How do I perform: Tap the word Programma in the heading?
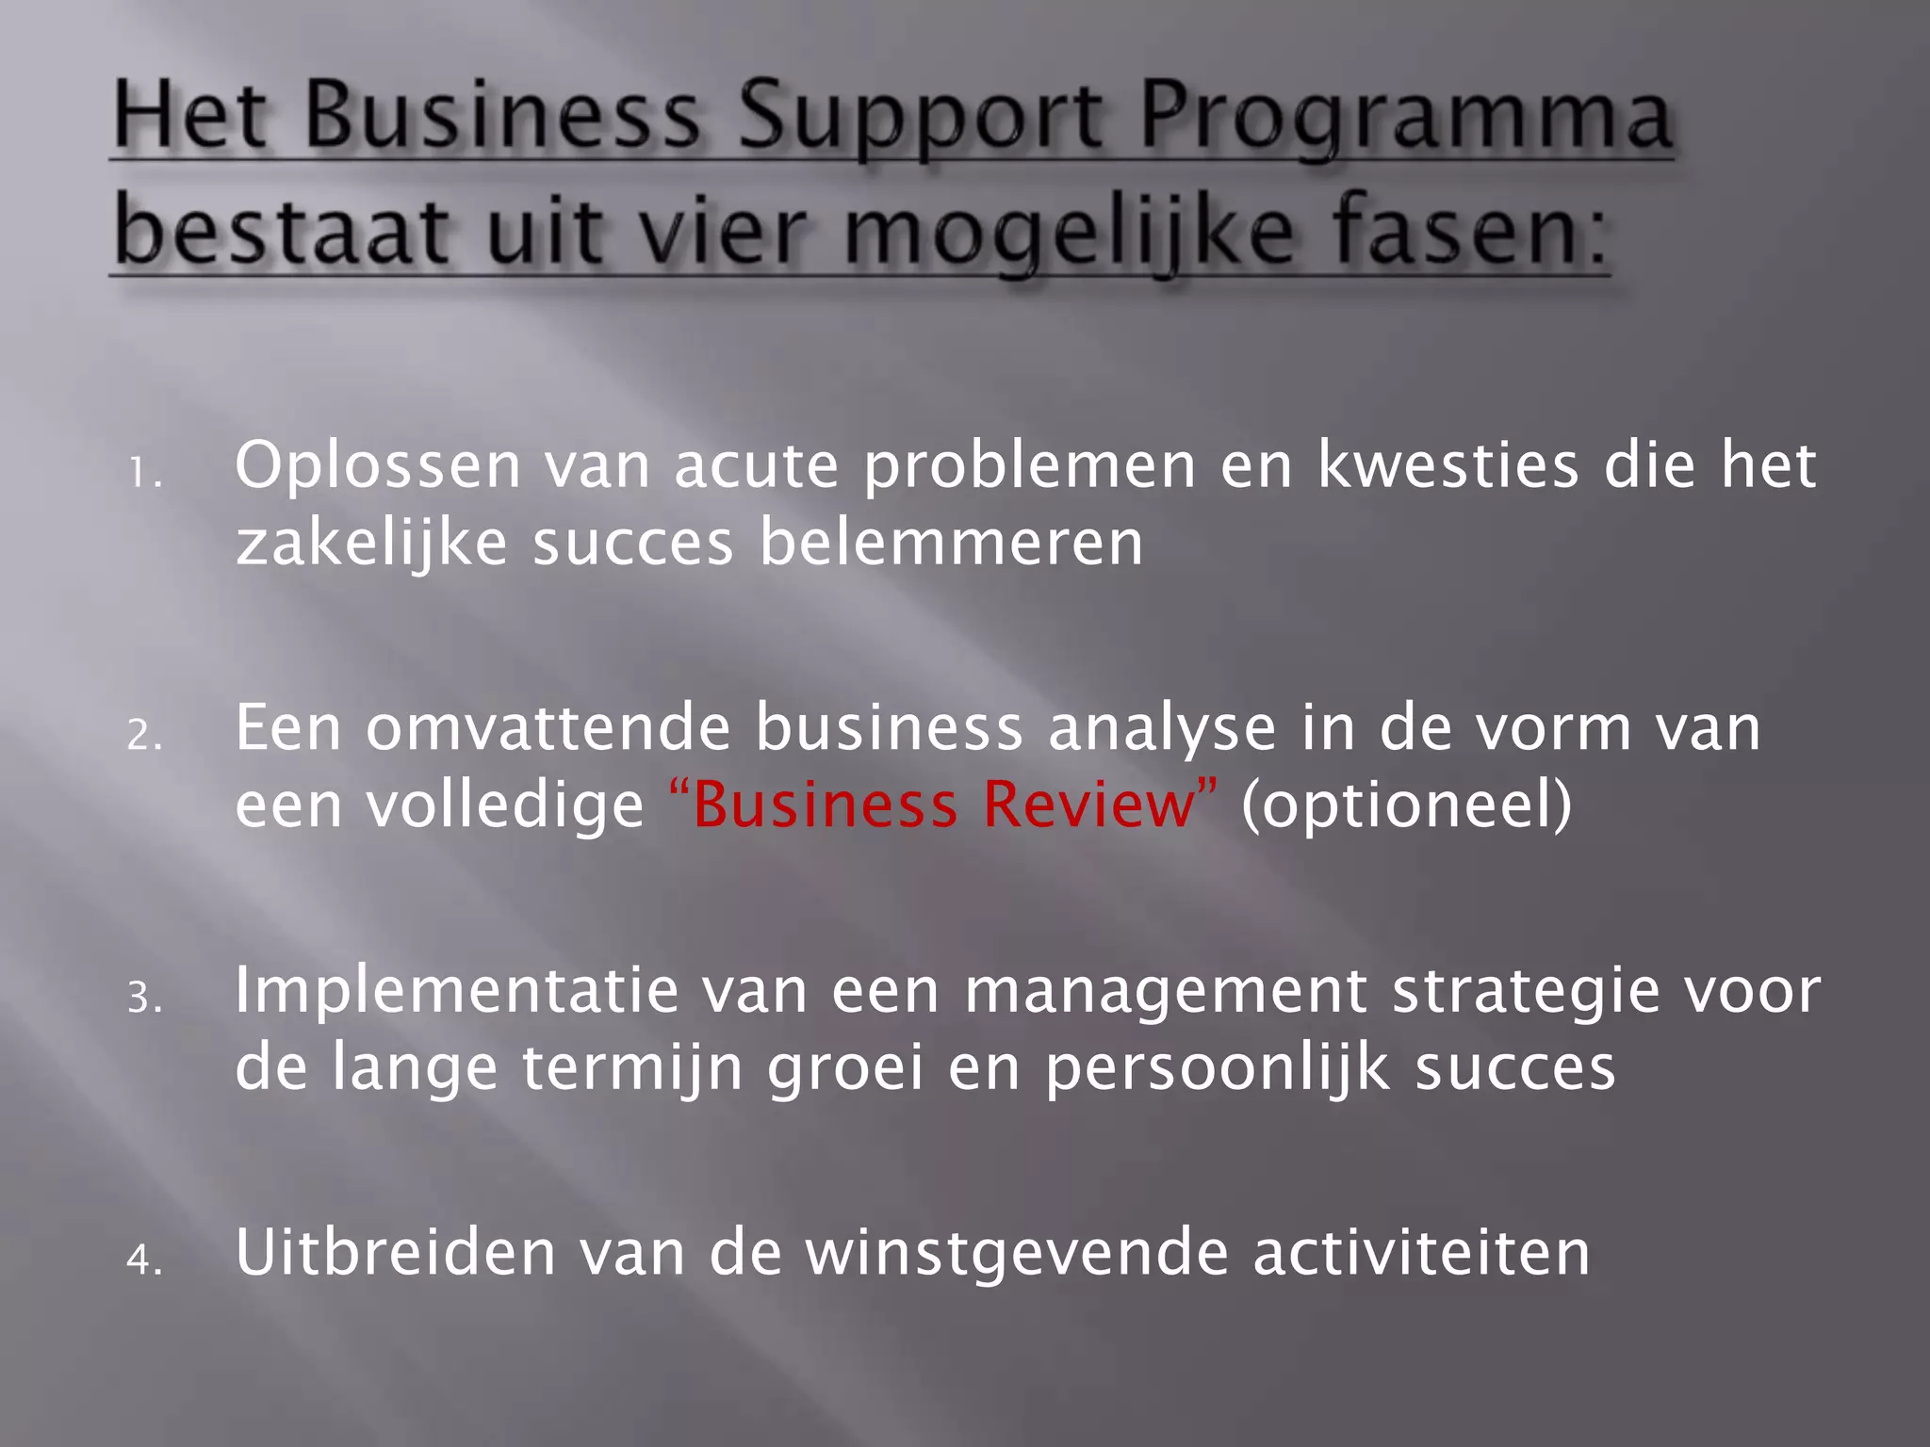1404,120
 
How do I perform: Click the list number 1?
143,474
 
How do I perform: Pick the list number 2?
143,736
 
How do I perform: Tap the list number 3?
143,998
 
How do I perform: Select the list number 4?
143,1260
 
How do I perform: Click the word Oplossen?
378,466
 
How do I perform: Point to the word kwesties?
1447,466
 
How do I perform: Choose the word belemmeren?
951,544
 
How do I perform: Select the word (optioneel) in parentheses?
1406,805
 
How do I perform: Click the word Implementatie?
456,990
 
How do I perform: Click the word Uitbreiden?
395,1252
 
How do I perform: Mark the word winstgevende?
1018,1252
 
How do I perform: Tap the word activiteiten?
1421,1252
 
